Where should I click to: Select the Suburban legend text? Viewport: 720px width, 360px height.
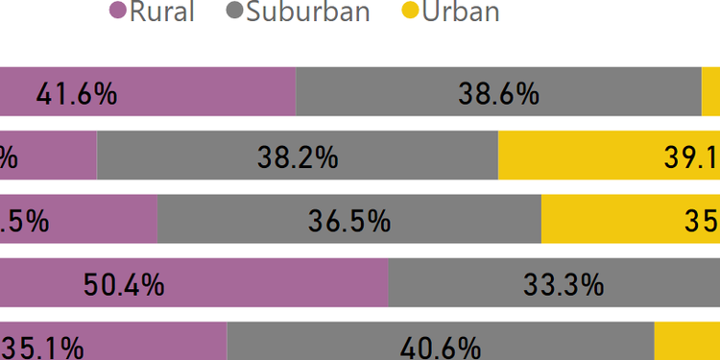(308, 12)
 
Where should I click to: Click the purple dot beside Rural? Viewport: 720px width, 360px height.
(118, 12)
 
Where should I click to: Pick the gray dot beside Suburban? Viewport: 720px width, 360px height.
(234, 12)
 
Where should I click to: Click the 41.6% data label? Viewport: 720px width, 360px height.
(76, 93)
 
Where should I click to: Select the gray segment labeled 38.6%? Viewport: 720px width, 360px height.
(498, 93)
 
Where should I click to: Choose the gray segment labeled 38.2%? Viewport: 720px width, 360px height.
(298, 156)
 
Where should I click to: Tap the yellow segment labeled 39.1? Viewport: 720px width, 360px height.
(609, 156)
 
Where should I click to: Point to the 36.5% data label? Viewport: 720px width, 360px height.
(349, 220)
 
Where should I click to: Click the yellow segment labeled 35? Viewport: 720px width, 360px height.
(631, 220)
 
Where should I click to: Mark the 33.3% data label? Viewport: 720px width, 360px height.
(563, 284)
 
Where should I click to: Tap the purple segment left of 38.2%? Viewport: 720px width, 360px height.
(48, 156)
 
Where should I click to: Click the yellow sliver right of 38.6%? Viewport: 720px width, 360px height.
(710, 93)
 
